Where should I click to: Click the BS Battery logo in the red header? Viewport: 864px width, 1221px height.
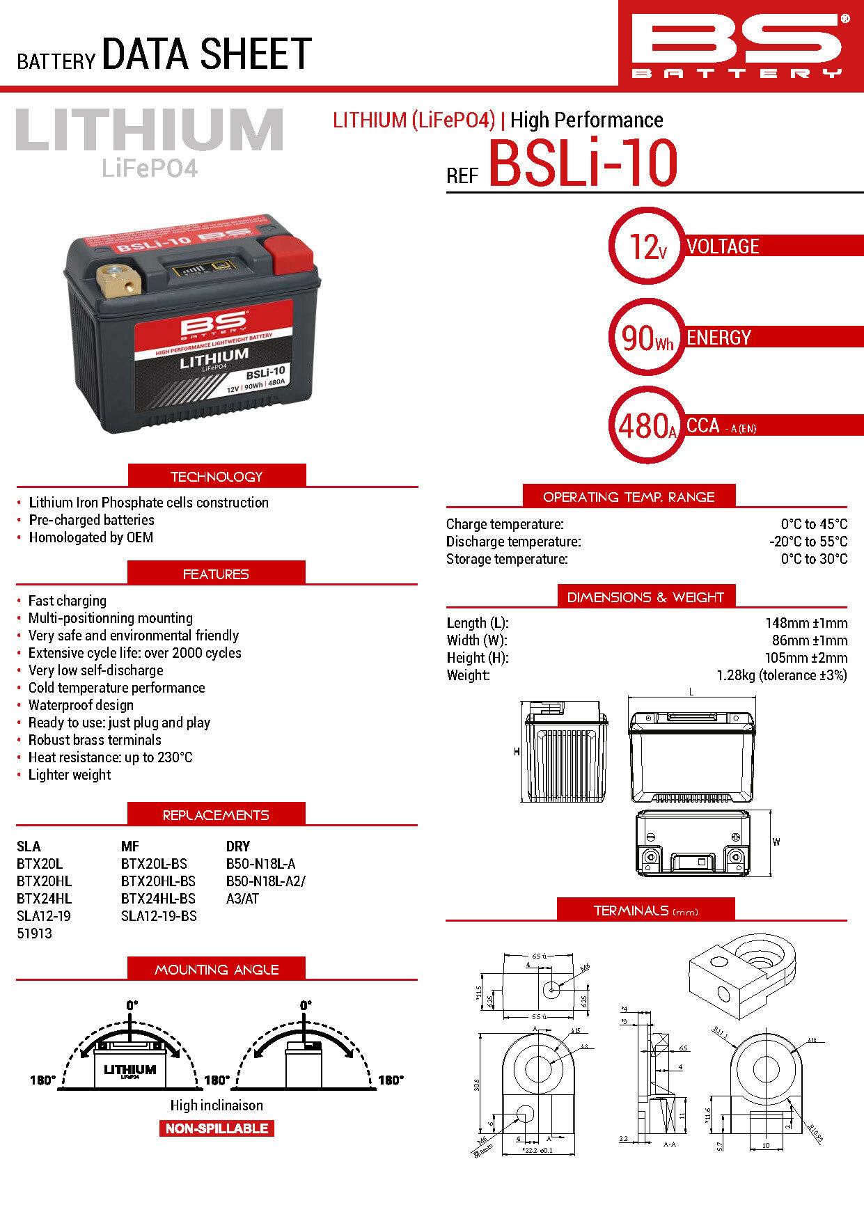tap(740, 44)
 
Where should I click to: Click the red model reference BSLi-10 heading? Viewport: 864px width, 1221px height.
tap(583, 164)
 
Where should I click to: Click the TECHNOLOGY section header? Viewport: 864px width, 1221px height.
tap(217, 477)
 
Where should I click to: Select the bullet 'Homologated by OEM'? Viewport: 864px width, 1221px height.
tap(91, 537)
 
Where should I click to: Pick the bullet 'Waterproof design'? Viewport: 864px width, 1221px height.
tap(81, 705)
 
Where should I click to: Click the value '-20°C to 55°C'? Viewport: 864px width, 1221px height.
tap(808, 542)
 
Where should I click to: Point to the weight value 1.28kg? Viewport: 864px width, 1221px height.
tap(781, 675)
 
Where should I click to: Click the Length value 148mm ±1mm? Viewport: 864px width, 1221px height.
tap(806, 623)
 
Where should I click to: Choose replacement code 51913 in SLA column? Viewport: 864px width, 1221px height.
tap(34, 934)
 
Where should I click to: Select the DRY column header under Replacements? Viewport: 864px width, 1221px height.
tap(237, 846)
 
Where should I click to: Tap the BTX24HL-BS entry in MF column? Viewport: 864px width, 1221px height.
tap(158, 899)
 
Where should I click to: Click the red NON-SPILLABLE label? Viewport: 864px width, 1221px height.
tap(217, 1128)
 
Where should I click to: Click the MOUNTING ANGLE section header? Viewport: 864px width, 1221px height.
tap(217, 969)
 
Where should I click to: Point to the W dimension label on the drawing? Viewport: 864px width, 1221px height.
tap(776, 842)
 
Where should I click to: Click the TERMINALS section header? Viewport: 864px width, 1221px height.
tap(645, 911)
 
